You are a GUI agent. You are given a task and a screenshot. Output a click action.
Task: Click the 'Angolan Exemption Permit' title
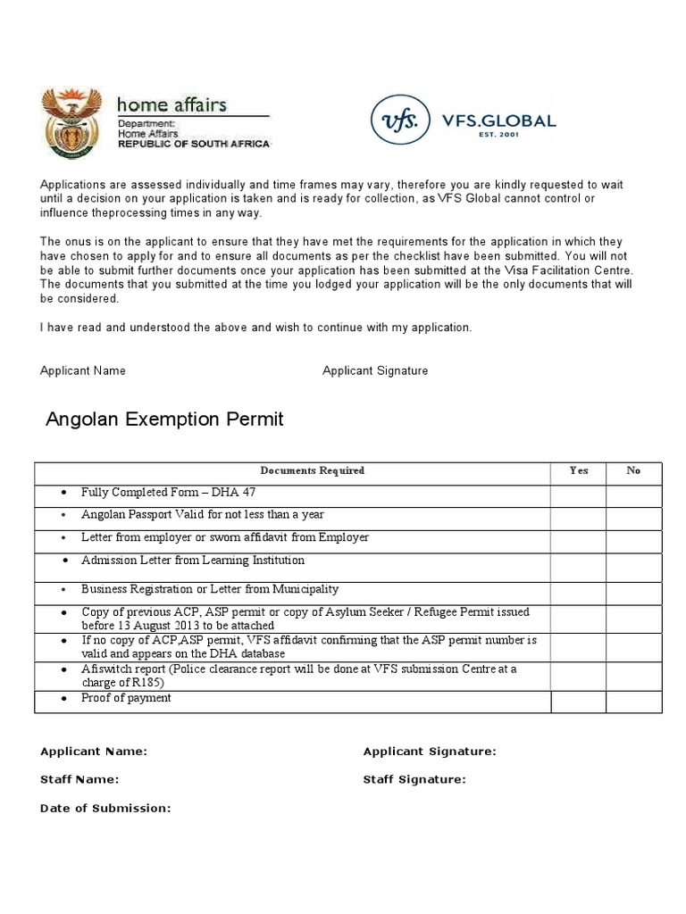tap(164, 419)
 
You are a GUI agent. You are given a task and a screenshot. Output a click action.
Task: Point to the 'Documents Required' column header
tap(312, 471)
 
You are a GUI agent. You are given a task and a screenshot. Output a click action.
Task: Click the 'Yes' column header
tap(579, 471)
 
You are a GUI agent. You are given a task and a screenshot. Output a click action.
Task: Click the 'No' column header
tap(633, 471)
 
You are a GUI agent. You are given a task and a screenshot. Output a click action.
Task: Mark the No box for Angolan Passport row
tap(633, 517)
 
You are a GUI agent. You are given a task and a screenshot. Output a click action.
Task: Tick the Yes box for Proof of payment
tap(579, 702)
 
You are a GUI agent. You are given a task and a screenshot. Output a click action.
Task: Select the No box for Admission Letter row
tap(633, 566)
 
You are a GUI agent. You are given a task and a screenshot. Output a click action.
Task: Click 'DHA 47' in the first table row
tap(249, 492)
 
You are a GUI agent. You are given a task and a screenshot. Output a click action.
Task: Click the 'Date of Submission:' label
tap(105, 808)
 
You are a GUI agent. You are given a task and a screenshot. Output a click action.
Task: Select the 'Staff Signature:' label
tap(414, 779)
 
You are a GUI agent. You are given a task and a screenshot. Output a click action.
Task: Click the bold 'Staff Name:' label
tap(79, 779)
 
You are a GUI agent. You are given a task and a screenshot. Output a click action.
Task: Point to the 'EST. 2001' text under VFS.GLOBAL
tap(498, 137)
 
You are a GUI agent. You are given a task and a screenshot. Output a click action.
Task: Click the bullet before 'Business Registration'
tap(63, 591)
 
